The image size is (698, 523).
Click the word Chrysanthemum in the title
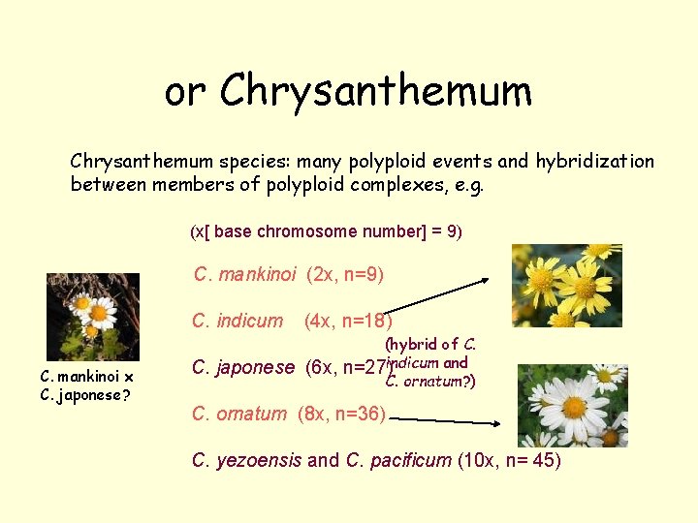[376, 92]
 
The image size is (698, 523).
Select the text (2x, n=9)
[345, 275]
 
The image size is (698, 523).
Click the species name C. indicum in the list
[238, 321]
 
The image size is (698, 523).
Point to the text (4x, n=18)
[348, 321]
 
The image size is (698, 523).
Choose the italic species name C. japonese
[243, 367]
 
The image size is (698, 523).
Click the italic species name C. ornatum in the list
[239, 414]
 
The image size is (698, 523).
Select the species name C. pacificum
[398, 460]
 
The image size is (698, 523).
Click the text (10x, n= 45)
[509, 460]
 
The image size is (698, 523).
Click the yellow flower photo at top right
[567, 286]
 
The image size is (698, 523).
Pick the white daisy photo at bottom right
[573, 405]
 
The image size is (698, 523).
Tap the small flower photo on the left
[93, 317]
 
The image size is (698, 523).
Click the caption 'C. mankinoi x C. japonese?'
[86, 385]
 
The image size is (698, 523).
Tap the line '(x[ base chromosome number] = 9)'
[326, 232]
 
